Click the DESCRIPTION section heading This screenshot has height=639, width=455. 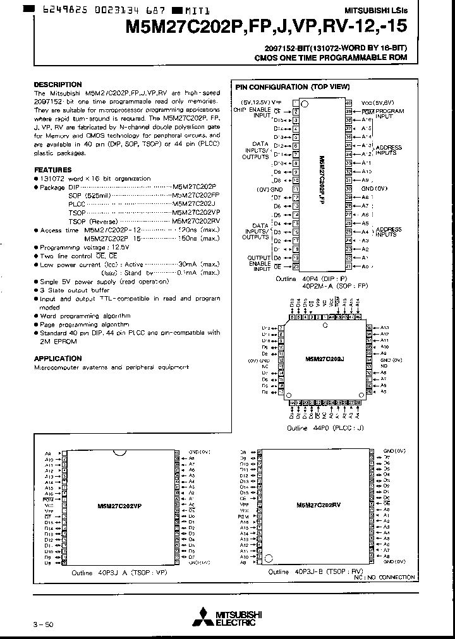pos(58,84)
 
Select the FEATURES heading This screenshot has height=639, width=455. pos(52,170)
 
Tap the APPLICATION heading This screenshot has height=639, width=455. pos(58,358)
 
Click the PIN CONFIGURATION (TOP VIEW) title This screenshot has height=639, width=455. pos(280,87)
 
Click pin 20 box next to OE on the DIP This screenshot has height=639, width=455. pos(295,266)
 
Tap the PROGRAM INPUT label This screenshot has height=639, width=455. pos(390,114)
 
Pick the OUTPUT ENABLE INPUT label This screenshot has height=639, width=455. pos(259,263)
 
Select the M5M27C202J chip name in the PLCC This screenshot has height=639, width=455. pos(324,358)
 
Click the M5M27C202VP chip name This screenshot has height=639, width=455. pos(120,506)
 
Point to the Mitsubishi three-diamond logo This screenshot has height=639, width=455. pos(205,617)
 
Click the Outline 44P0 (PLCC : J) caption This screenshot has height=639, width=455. pos(325,427)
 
